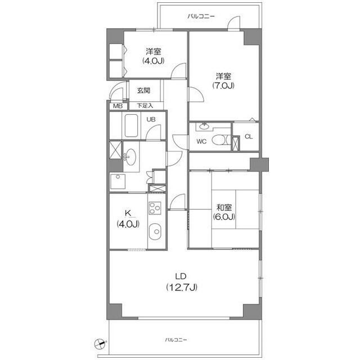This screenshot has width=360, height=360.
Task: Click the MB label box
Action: point(118,106)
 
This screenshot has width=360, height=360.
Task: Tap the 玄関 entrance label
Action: point(144,91)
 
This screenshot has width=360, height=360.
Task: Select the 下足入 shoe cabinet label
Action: point(145,106)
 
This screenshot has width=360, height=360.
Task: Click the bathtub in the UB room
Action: point(131,125)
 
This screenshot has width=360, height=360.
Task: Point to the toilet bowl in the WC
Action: point(219,139)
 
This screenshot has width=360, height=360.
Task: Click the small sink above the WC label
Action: point(203,126)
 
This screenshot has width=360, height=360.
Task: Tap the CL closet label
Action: point(249,137)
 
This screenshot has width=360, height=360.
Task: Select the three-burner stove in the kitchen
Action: point(155,208)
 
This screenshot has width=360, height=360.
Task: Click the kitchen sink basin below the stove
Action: point(155,231)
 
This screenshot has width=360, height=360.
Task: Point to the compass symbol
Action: point(100,344)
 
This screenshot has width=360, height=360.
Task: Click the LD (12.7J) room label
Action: point(181,282)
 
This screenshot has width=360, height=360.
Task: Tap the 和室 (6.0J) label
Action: point(224,212)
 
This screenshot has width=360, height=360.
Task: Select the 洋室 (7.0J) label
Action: point(223,80)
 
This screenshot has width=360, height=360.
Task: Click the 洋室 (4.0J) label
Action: point(154,56)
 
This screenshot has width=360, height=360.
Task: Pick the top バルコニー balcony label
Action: point(201,16)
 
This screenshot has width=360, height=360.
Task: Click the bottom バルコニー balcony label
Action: point(176,340)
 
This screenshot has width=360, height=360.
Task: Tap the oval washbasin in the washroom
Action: point(130,157)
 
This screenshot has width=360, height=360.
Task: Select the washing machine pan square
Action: point(118,182)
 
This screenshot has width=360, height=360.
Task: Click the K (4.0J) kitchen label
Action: point(128,219)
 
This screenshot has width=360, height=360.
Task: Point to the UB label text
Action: point(151,119)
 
